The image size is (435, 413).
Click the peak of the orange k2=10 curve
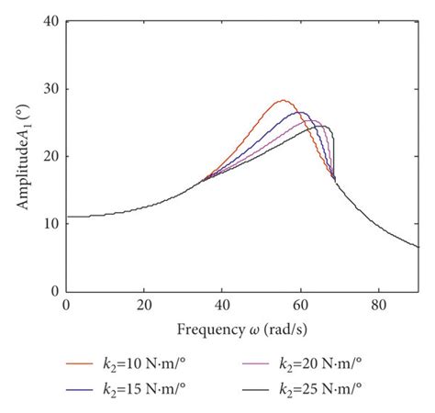283,100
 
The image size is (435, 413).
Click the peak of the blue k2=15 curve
299,112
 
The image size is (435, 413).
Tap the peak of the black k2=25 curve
321,126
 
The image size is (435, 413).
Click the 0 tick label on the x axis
65,305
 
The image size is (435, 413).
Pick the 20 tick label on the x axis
143,305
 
